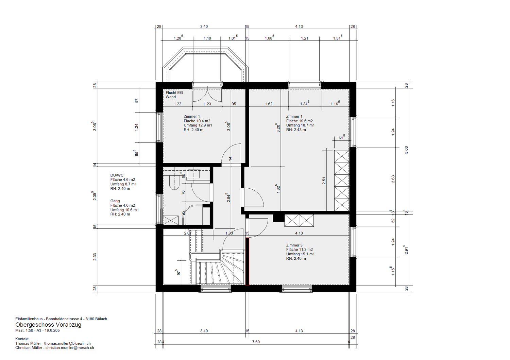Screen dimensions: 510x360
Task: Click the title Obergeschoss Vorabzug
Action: click(x=48, y=325)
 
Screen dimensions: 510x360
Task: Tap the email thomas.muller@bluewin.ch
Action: click(x=67, y=343)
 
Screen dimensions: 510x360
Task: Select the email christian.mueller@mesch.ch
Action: click(x=70, y=348)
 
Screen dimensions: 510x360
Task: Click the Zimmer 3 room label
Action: click(x=294, y=245)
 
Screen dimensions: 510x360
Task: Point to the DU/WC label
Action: click(x=117, y=175)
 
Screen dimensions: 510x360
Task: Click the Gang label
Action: click(x=115, y=201)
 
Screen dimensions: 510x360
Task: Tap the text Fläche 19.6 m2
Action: click(x=300, y=121)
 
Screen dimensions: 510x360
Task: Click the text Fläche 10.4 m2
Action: click(x=197, y=121)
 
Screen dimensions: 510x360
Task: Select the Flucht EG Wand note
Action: click(x=174, y=95)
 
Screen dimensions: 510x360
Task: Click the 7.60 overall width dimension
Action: click(x=256, y=342)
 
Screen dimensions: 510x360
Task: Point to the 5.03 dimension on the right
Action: click(x=406, y=150)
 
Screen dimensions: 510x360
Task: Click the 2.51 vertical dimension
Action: click(x=324, y=181)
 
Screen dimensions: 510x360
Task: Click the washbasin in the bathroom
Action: click(x=194, y=174)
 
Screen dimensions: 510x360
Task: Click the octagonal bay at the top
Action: click(x=205, y=48)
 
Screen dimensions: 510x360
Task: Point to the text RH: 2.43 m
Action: click(x=296, y=130)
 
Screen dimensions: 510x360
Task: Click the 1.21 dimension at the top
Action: click(x=304, y=38)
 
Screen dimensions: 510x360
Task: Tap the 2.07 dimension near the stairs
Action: click(x=188, y=233)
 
